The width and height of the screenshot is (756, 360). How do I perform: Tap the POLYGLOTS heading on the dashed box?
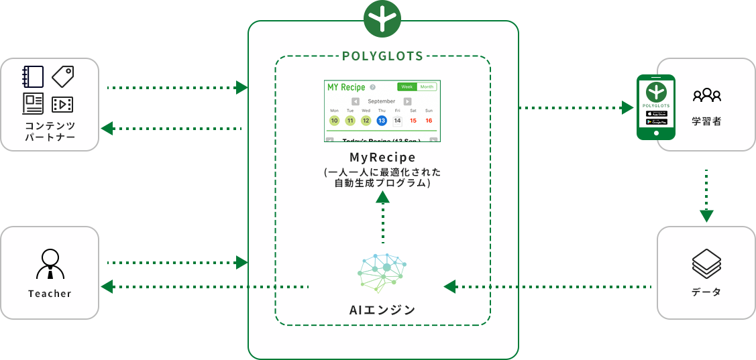(382, 56)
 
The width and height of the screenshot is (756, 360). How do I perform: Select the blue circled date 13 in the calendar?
(382, 121)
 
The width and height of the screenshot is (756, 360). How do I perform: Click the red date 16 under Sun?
(429, 121)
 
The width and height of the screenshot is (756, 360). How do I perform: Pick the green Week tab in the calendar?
(407, 86)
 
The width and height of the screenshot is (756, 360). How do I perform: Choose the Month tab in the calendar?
(427, 86)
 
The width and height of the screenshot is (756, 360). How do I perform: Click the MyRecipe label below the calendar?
(382, 158)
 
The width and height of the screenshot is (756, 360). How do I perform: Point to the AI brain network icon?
(382, 274)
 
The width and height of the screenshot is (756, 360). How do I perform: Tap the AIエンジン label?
(382, 310)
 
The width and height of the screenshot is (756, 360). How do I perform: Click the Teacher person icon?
(50, 264)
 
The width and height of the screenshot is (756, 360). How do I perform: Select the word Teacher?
(50, 294)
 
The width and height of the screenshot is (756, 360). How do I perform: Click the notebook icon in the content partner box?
(33, 76)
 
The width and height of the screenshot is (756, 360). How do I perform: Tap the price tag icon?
(63, 76)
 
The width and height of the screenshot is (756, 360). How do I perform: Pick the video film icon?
(62, 104)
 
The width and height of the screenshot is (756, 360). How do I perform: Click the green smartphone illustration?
(655, 107)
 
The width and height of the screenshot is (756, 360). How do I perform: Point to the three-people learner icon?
(707, 95)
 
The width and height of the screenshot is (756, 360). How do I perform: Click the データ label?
(706, 292)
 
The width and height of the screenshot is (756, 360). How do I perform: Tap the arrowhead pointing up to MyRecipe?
(382, 196)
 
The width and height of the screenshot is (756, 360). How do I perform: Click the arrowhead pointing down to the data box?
(706, 216)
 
